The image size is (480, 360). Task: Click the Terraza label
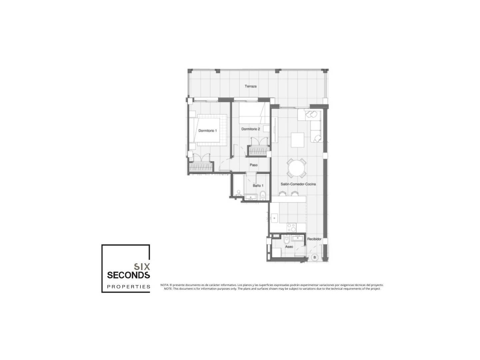pyautogui.click(x=251, y=86)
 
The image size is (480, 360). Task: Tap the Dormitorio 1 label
pyautogui.click(x=208, y=131)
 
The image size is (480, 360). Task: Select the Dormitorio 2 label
pyautogui.click(x=251, y=129)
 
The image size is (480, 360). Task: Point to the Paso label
pyautogui.click(x=253, y=165)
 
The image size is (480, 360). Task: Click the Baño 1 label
pyautogui.click(x=258, y=186)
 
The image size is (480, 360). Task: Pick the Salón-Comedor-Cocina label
pyautogui.click(x=298, y=184)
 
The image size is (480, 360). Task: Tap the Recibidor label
pyautogui.click(x=314, y=239)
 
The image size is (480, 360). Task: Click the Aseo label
pyautogui.click(x=289, y=247)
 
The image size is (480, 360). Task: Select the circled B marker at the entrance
pyautogui.click(x=315, y=257)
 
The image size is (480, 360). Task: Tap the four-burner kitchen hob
pyautogui.click(x=291, y=227)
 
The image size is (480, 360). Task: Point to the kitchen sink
pyautogui.click(x=274, y=218)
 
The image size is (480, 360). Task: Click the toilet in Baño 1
pyautogui.click(x=263, y=195)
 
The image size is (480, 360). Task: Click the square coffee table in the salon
pyautogui.click(x=297, y=140)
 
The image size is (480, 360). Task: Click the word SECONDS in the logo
pyautogui.click(x=128, y=275)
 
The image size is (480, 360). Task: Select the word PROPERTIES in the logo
pyautogui.click(x=129, y=287)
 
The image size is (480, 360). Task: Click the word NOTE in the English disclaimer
pyautogui.click(x=168, y=289)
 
